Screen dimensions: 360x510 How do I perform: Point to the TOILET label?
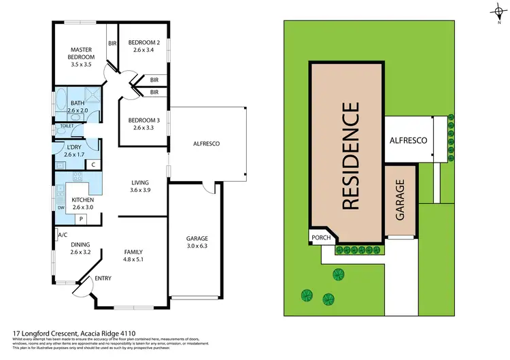point(67,126)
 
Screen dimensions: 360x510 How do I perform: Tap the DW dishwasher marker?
point(61,208)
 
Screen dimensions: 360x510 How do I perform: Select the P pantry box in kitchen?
point(81,218)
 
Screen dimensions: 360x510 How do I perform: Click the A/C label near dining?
point(63,235)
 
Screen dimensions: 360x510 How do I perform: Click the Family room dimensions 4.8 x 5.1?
point(134,259)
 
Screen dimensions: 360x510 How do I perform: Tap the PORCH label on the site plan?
point(320,238)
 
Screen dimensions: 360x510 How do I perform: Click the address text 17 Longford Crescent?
point(44,334)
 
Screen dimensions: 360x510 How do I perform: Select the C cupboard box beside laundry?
point(93,165)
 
